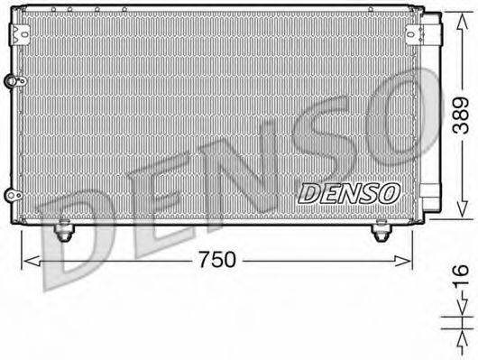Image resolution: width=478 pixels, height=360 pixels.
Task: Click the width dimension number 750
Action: [x=216, y=259]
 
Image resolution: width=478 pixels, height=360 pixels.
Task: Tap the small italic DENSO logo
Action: [x=346, y=193]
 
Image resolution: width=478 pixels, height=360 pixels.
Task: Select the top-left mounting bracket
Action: [x=19, y=32]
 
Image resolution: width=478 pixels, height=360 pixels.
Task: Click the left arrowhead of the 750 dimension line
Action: [x=25, y=260]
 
